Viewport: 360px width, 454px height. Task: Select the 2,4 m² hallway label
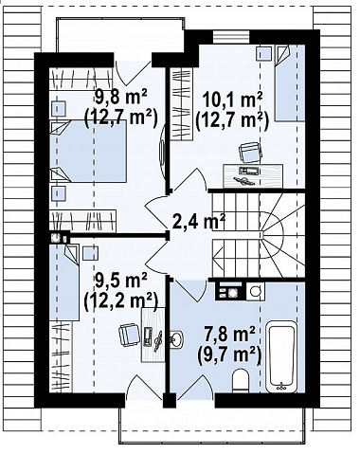click(199, 222)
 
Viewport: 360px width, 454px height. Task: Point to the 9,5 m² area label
click(121, 281)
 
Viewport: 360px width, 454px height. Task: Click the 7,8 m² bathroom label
click(229, 336)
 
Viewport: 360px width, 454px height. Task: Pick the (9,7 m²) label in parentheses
click(229, 355)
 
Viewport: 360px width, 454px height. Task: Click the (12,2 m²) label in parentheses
click(121, 300)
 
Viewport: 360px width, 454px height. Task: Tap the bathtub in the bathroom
click(281, 357)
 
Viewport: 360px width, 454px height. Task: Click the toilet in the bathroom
click(241, 381)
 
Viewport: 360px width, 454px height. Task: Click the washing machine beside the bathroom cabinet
click(255, 291)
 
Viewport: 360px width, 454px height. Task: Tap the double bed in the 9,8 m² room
click(88, 151)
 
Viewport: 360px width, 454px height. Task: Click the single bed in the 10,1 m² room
click(290, 82)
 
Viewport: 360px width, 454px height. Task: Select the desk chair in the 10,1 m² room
click(250, 152)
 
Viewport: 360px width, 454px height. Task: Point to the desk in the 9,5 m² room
click(153, 335)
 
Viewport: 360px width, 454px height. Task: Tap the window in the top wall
click(231, 37)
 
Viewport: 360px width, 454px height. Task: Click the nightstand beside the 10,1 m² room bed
click(264, 53)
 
